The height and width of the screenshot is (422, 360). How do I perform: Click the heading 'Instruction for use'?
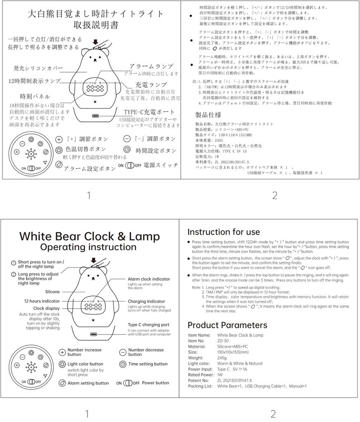click(x=224, y=232)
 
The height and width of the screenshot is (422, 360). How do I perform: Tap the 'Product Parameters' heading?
click(x=227, y=325)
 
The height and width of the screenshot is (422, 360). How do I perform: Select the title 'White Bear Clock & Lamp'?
click(x=89, y=236)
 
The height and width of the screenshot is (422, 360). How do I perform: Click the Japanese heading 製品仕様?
click(x=208, y=115)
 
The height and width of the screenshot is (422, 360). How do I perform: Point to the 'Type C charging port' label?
click(x=146, y=325)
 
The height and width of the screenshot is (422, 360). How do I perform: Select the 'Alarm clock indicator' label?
click(x=148, y=279)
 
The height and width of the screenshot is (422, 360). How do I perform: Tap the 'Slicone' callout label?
click(x=52, y=291)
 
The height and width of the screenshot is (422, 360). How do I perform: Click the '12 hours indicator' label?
click(x=42, y=301)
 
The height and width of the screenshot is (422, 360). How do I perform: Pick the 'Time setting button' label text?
click(x=148, y=364)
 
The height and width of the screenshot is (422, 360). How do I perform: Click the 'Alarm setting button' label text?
click(x=88, y=383)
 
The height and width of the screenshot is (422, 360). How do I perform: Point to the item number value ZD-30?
click(x=224, y=341)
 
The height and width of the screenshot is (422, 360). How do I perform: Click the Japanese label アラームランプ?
click(x=151, y=66)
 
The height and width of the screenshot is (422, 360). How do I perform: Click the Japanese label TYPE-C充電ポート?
click(x=149, y=112)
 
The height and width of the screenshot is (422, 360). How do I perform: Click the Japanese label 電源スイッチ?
click(x=161, y=165)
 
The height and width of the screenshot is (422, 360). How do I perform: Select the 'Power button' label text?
click(x=155, y=383)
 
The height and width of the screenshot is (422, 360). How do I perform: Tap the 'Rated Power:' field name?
click(x=201, y=375)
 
